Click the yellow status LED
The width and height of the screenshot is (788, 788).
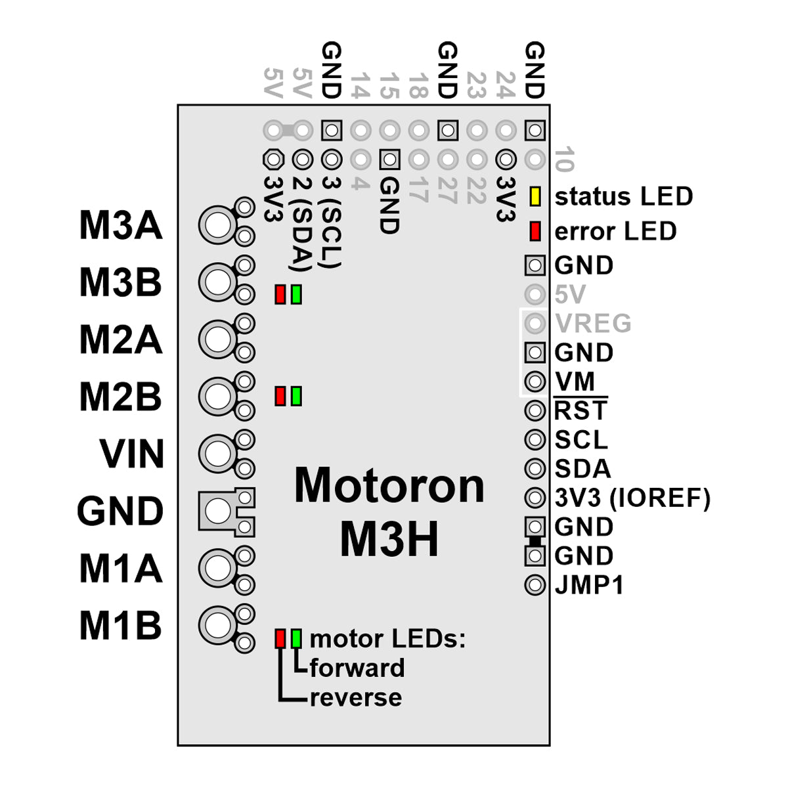click(x=535, y=196)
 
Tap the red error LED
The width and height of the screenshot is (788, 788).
click(x=535, y=231)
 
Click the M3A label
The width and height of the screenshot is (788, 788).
click(x=120, y=225)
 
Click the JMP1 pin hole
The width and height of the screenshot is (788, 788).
click(x=535, y=584)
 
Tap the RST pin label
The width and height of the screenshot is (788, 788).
click(x=580, y=410)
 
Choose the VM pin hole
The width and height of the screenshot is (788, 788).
click(x=535, y=382)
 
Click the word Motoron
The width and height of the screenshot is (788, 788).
click(x=389, y=486)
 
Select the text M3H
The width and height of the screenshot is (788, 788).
click(x=389, y=540)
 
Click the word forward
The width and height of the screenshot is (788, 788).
click(x=357, y=668)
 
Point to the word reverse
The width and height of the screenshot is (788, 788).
click(x=355, y=697)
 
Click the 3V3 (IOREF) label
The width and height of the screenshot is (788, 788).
click(x=632, y=498)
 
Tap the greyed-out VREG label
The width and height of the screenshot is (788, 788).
click(x=593, y=323)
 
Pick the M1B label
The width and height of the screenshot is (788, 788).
click(x=120, y=625)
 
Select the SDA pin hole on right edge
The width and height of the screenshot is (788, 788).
click(x=535, y=469)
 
